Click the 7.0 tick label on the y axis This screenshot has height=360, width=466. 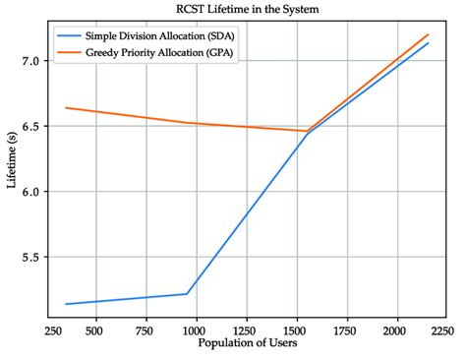click(31, 61)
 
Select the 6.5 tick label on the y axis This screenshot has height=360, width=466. click(31, 127)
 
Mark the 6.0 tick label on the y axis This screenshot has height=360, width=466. click(31, 192)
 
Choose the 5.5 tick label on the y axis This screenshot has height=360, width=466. click(31, 258)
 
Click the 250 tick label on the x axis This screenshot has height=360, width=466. click(54, 330)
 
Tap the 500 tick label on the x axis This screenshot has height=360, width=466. click(94, 330)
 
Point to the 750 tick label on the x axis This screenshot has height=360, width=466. click(145, 330)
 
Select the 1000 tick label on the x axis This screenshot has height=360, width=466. click(196, 330)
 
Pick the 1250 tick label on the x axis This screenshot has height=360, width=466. click(246, 330)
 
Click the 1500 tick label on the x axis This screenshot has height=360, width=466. click(296, 330)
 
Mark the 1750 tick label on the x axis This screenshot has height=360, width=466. click(346, 330)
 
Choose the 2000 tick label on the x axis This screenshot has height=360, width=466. click(396, 330)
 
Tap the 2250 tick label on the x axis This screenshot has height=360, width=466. click(442, 330)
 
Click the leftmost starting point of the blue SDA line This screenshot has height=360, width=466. click(66, 304)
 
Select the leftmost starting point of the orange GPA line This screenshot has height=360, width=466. click(66, 107)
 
